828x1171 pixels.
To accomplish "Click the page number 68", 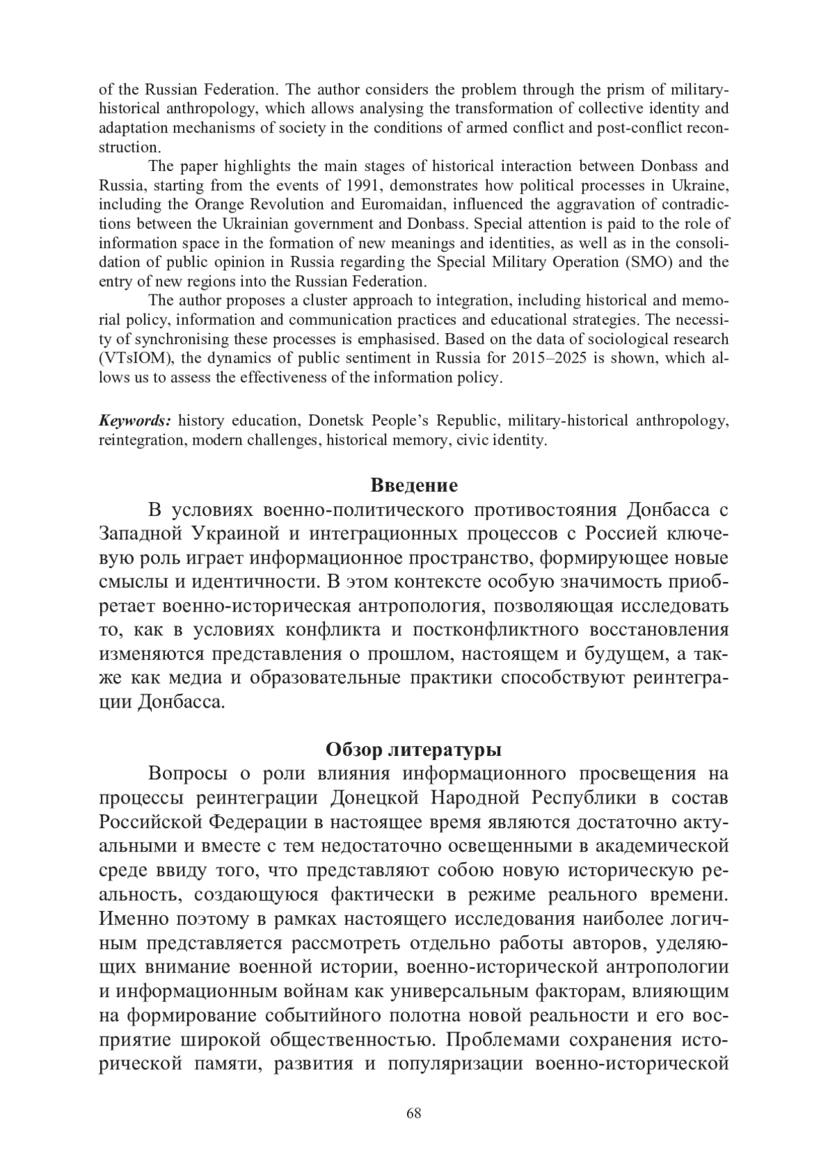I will [x=414, y=1112].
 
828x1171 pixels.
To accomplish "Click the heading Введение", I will [x=414, y=485].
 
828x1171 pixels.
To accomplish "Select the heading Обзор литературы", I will [x=413, y=748].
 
